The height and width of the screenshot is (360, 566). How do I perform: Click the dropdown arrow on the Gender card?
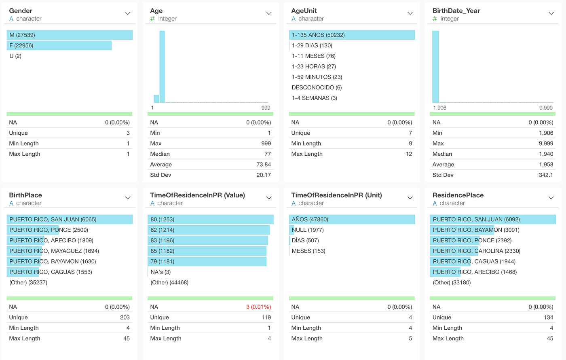[128, 13]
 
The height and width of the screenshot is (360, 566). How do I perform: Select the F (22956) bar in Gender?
[59, 46]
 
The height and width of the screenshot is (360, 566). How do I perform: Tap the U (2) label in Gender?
[15, 56]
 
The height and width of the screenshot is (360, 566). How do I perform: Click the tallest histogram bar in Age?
[162, 67]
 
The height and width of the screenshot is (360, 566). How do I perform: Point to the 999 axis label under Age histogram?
[266, 108]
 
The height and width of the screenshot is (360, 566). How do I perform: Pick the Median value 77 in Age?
[267, 154]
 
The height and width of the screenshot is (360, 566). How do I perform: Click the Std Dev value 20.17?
[264, 175]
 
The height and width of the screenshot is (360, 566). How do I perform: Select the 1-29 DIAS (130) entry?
[312, 46]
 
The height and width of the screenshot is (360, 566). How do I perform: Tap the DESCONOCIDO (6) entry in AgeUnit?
[317, 88]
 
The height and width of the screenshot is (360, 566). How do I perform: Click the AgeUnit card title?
[304, 11]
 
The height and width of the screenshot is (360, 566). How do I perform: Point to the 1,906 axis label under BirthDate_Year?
[439, 108]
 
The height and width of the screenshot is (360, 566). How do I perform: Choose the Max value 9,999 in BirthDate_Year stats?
[546, 144]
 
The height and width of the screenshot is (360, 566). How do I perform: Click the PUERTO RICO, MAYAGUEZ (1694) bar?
[54, 251]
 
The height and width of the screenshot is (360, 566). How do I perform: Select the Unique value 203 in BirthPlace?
[125, 318]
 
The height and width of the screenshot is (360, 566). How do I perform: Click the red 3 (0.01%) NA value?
[258, 307]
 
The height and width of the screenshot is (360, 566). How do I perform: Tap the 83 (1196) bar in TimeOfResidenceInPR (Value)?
[207, 241]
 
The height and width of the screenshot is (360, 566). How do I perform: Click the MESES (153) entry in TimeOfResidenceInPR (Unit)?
[308, 251]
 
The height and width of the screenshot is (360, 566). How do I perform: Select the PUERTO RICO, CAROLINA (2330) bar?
[476, 251]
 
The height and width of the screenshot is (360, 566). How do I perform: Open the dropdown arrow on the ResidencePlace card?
[551, 198]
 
